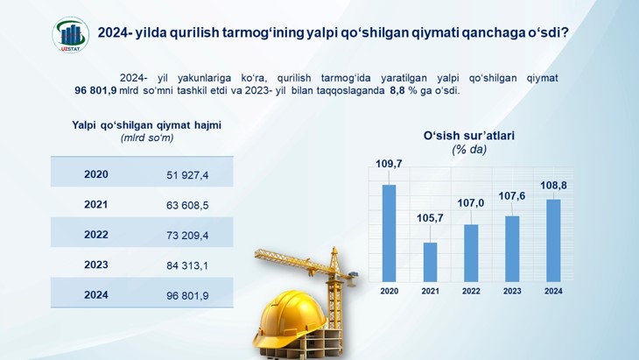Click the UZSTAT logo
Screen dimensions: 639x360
coord(71,35)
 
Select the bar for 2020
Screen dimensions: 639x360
coord(390,233)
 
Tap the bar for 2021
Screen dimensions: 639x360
coord(430,262)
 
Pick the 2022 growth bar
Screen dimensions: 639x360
coord(471,253)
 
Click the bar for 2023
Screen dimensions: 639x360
coord(512,249)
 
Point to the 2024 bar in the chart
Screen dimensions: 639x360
coord(553,241)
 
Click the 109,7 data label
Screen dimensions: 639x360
coord(389,164)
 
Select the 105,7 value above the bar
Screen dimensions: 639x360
coord(430,218)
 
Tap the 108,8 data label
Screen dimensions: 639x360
coord(553,186)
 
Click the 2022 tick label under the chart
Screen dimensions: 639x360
coord(471,291)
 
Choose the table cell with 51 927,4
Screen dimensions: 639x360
coord(187,175)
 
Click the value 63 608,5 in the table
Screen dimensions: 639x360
coord(187,205)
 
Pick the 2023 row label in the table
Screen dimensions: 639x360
coord(96,265)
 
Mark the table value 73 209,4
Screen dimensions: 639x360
coord(187,236)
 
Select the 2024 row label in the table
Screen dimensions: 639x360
coord(96,295)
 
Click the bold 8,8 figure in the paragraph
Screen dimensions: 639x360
coord(397,90)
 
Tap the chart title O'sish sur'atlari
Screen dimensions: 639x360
coord(469,136)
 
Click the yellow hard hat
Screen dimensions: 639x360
coord(290,317)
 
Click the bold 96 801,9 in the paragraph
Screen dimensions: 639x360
coord(95,90)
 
